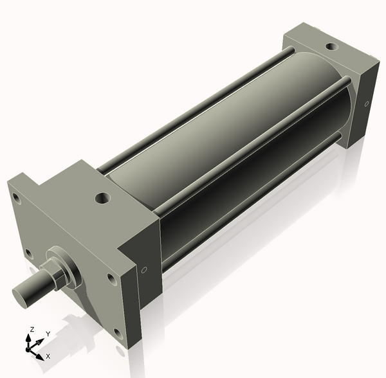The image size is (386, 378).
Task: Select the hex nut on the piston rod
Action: click(57, 275)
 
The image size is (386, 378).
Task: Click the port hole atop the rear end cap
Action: click(331, 46)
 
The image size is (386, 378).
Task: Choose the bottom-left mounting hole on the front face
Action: click(28, 252)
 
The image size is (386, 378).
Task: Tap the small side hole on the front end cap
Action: click(144, 270)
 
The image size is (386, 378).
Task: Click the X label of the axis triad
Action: click(49, 355)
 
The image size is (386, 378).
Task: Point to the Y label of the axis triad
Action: click(48, 334)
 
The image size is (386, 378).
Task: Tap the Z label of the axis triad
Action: click(31, 329)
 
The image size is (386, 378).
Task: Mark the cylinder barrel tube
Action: click(212, 154)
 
